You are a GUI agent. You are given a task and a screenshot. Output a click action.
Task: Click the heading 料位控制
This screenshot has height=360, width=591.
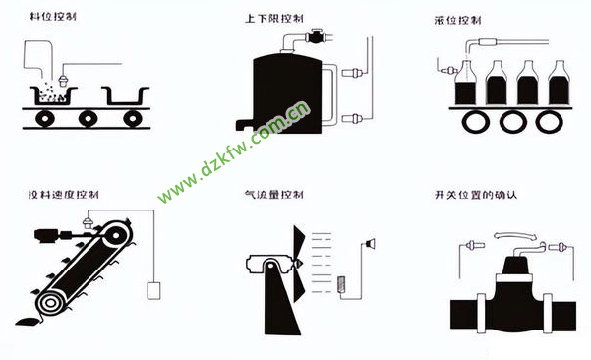(53, 16)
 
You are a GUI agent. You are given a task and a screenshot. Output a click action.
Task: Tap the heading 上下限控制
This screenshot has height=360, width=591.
(274, 18)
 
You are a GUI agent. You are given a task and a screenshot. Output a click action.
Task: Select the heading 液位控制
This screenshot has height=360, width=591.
(457, 20)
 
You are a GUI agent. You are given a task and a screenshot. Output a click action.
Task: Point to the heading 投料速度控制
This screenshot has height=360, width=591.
(64, 195)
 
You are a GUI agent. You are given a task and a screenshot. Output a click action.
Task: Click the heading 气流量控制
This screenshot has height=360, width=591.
(274, 194)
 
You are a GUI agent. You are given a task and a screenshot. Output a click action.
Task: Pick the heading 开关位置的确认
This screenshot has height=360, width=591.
(476, 195)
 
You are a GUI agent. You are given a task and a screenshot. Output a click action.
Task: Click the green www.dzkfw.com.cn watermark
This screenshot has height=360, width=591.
(234, 152)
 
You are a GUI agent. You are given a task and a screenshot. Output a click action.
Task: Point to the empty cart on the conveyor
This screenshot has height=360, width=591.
(126, 96)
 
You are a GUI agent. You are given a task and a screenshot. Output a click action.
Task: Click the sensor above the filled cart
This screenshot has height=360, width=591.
(63, 81)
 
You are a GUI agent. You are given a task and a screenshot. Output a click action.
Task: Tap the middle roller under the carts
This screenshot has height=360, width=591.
(88, 119)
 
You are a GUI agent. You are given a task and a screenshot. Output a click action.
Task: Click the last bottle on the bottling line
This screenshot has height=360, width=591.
(559, 83)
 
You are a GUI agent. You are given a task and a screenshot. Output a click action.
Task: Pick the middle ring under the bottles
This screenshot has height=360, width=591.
(513, 122)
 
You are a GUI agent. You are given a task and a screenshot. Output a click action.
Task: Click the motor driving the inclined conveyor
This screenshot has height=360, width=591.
(46, 235)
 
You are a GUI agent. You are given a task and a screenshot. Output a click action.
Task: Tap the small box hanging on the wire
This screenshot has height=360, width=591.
(153, 290)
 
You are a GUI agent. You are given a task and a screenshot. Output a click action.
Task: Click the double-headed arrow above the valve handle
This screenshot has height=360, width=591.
(515, 236)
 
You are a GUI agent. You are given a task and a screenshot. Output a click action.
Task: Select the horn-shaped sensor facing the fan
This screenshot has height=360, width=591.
(370, 244)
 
